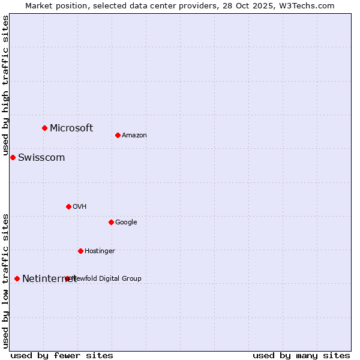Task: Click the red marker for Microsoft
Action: click(44, 128)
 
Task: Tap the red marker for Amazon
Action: click(118, 135)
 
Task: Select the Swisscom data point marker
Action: click(13, 157)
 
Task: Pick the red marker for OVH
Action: click(68, 206)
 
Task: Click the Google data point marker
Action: click(111, 222)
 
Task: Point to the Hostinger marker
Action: click(80, 251)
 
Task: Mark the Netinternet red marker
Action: click(17, 278)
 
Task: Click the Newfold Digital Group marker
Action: click(67, 278)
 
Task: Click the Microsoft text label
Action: click(71, 128)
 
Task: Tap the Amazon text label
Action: click(134, 136)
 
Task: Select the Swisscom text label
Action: click(41, 158)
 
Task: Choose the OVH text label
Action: click(80, 207)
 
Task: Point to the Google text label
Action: click(126, 223)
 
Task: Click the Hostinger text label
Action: click(100, 251)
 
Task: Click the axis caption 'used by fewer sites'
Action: click(62, 356)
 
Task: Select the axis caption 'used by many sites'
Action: click(301, 356)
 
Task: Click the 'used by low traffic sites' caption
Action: click(6, 280)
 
